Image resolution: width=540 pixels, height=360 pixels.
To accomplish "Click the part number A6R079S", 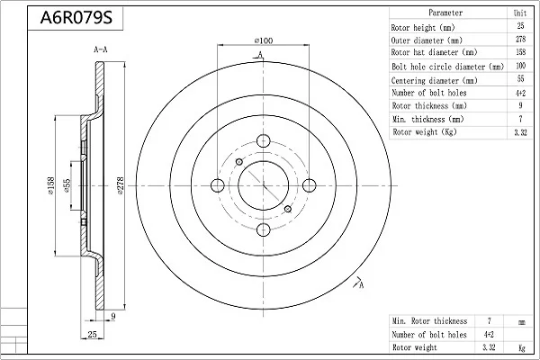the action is point(76,18).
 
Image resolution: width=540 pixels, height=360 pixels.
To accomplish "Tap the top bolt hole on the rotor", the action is point(264,140).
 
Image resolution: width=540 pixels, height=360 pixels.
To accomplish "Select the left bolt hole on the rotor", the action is point(217,185).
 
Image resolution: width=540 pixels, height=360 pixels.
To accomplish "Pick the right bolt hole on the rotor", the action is point(310,185).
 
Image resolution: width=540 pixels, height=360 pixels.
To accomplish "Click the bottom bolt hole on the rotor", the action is point(264,229).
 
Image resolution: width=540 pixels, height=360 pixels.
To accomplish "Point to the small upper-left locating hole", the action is point(239,162).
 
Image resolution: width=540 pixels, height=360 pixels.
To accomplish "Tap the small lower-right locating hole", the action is point(288,209).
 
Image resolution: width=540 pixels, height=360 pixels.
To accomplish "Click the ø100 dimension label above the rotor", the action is point(264,40).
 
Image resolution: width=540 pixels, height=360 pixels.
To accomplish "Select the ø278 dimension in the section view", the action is point(120,185).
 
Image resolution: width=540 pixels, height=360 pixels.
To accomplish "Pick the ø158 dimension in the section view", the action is point(51,185).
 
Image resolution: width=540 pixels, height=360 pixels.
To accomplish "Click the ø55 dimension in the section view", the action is point(67,185).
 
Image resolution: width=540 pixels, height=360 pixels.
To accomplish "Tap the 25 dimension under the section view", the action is point(92,334).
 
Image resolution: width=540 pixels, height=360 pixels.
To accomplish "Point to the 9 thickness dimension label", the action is point(113,316).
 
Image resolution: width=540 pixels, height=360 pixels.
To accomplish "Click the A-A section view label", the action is point(101,49).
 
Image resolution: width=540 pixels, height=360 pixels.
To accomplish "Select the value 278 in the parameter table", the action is point(520,39).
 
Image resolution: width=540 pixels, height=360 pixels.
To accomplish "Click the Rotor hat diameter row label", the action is point(434,52).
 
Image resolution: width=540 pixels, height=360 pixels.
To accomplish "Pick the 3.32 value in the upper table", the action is point(520,132).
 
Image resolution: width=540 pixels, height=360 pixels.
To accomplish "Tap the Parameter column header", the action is point(445,13).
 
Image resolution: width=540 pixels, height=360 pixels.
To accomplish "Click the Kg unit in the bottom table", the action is point(522,347).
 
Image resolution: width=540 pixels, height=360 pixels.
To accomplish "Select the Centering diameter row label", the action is point(435,81).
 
